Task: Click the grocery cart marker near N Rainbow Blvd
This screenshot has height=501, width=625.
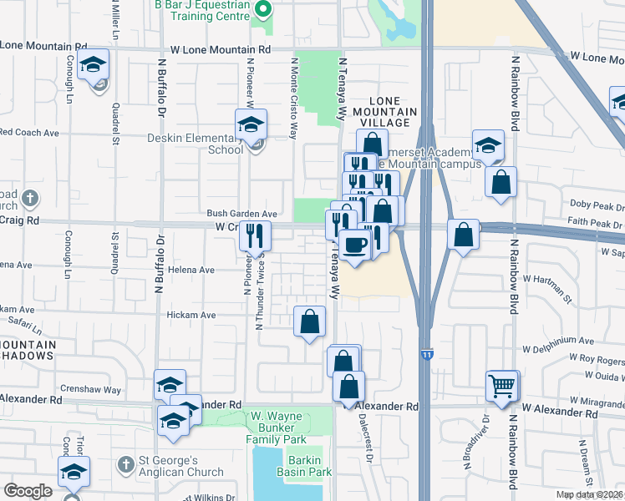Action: point(502,386)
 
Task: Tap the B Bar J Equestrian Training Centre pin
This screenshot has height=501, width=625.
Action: point(263,11)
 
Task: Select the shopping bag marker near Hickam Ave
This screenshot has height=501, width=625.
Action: point(309,321)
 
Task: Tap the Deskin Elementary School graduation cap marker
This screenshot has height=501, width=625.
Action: point(250,126)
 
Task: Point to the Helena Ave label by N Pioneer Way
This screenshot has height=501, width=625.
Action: point(192,271)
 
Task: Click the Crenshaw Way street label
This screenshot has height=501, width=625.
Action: point(92,390)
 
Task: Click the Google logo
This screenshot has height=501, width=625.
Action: point(28,491)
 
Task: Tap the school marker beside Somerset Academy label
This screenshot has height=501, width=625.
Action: point(488,145)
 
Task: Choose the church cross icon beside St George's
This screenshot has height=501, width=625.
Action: point(125,463)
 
